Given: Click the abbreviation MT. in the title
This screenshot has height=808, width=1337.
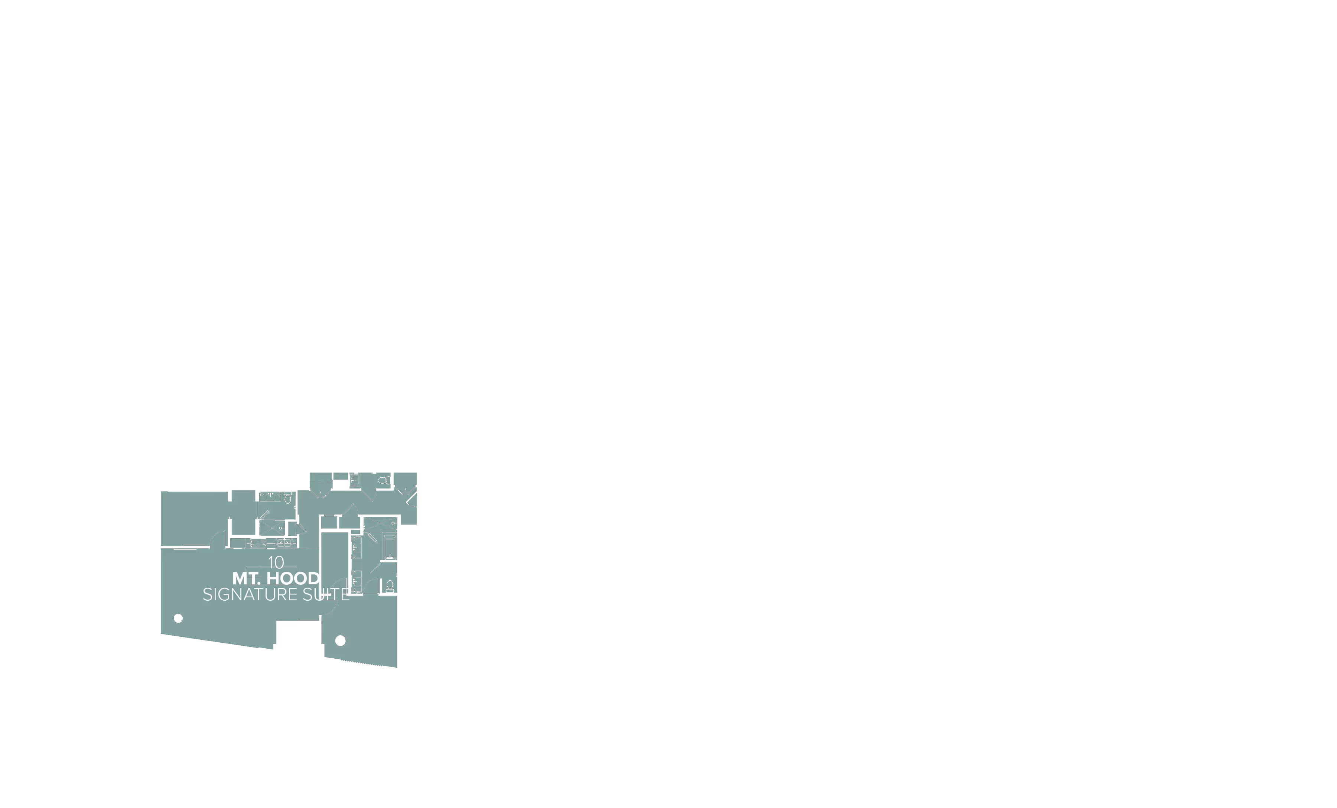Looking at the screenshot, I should coord(246,578).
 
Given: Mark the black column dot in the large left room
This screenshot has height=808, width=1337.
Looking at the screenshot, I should coord(178,618).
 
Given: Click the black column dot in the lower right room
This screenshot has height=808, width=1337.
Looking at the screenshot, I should coord(340,640).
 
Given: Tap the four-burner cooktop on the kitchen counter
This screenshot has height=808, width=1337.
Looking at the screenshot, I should coord(258,543).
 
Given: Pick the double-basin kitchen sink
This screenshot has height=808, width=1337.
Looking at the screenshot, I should coord(284,543).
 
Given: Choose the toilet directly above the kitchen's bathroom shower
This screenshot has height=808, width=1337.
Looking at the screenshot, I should coord(287,497).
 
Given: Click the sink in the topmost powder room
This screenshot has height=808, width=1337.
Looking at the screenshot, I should coord(355,480).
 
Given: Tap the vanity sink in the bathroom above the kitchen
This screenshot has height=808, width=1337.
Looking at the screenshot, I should coord(270,497).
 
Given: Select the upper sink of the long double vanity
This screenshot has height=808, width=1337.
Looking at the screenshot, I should coord(356,547).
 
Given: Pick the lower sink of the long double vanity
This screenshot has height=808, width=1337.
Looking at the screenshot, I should coord(356,581).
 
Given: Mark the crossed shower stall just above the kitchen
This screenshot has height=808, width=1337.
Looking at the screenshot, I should coord(271,528).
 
